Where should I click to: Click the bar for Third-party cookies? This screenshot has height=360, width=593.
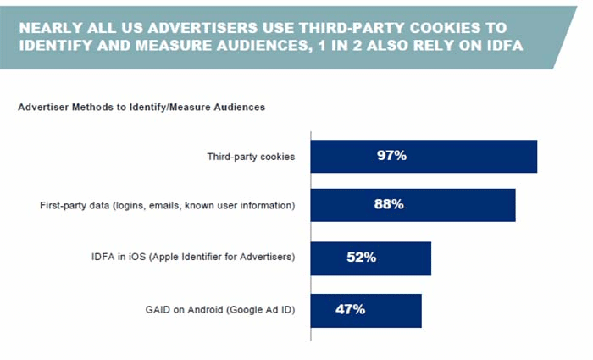[x=424, y=156]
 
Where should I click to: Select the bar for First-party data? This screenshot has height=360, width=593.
[x=413, y=204]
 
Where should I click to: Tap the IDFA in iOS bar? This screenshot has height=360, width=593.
[x=370, y=258]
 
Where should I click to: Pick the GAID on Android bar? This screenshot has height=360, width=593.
[x=366, y=310]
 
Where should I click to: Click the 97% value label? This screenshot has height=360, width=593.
[x=391, y=156]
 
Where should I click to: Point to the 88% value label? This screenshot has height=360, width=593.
[x=388, y=204]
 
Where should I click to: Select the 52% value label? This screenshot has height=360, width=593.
[x=360, y=258]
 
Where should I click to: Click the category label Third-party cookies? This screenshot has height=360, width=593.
[x=251, y=157]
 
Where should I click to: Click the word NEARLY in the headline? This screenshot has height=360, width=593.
[x=50, y=26]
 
